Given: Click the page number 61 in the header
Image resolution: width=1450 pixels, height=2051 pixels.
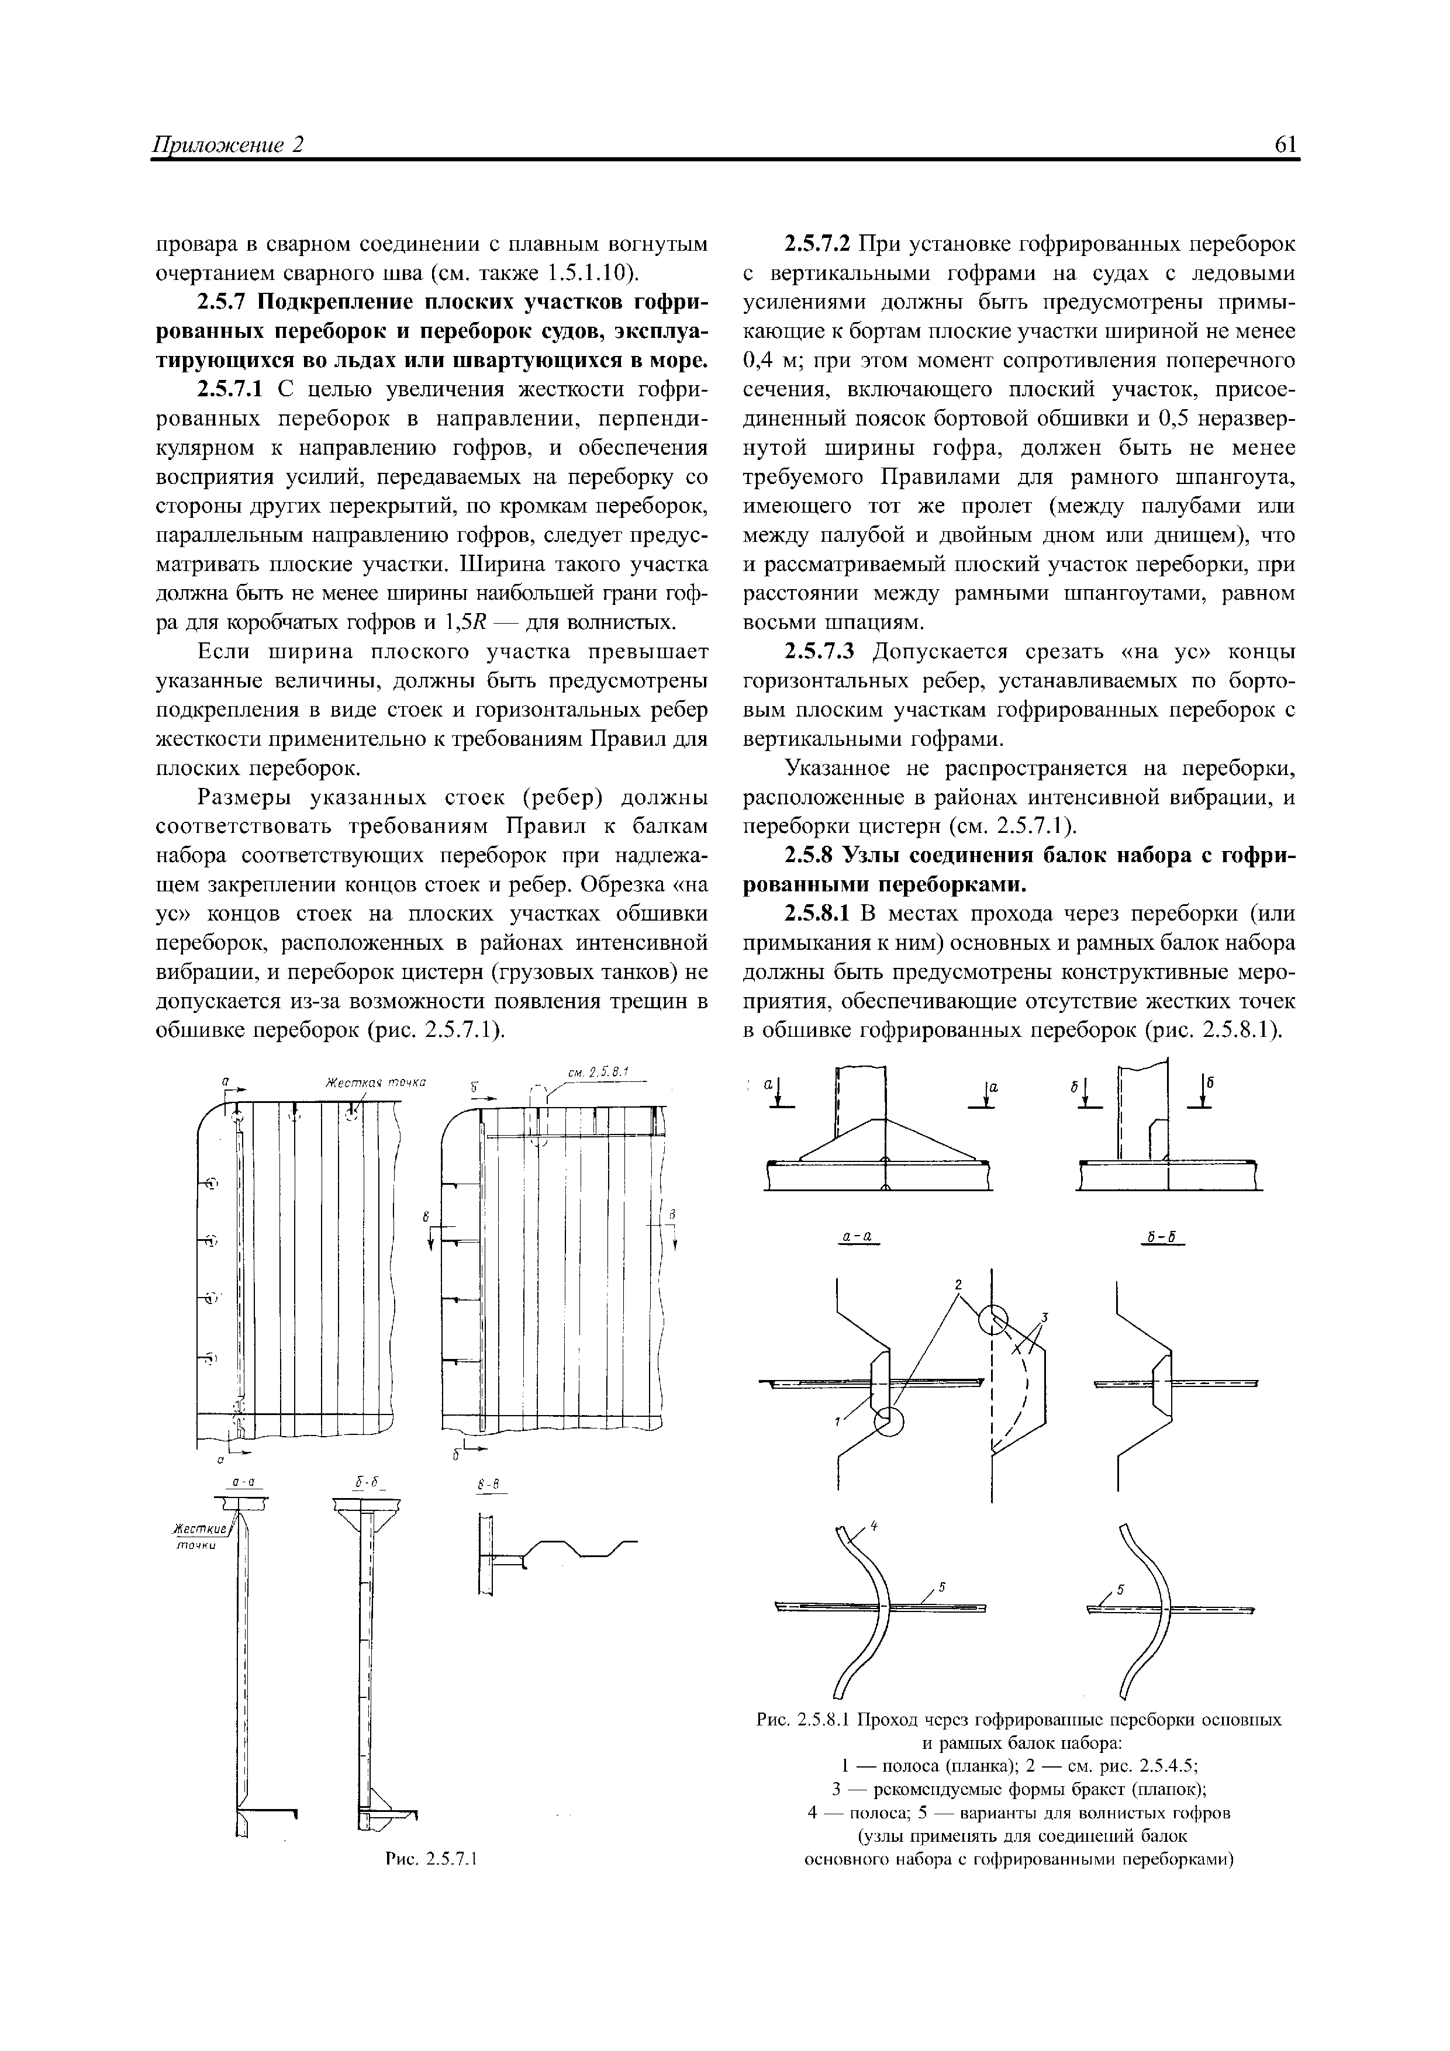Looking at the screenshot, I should tap(1285, 145).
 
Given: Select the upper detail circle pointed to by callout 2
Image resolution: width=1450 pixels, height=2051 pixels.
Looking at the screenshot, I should tap(993, 1319).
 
